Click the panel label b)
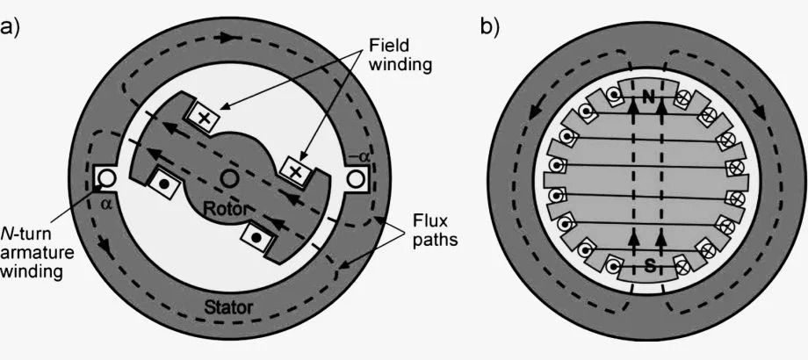click(x=489, y=25)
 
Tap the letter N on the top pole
click(x=647, y=98)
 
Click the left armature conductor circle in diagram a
click(x=106, y=179)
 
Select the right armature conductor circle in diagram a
click(x=357, y=179)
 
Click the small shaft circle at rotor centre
click(x=231, y=179)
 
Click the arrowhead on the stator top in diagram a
click(x=230, y=40)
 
